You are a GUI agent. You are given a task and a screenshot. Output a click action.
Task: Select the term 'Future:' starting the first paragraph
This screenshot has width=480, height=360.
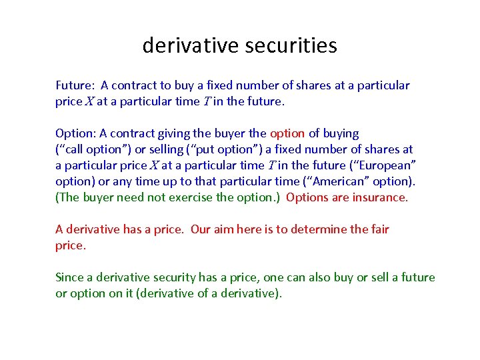tap(75, 85)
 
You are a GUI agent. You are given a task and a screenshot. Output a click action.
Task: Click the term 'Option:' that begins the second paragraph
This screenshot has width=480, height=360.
tap(76, 133)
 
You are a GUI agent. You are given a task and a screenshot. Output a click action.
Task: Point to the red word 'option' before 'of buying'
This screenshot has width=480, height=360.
tap(287, 133)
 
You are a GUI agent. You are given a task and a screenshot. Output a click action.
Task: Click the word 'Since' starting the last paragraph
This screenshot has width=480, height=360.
tap(69, 277)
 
